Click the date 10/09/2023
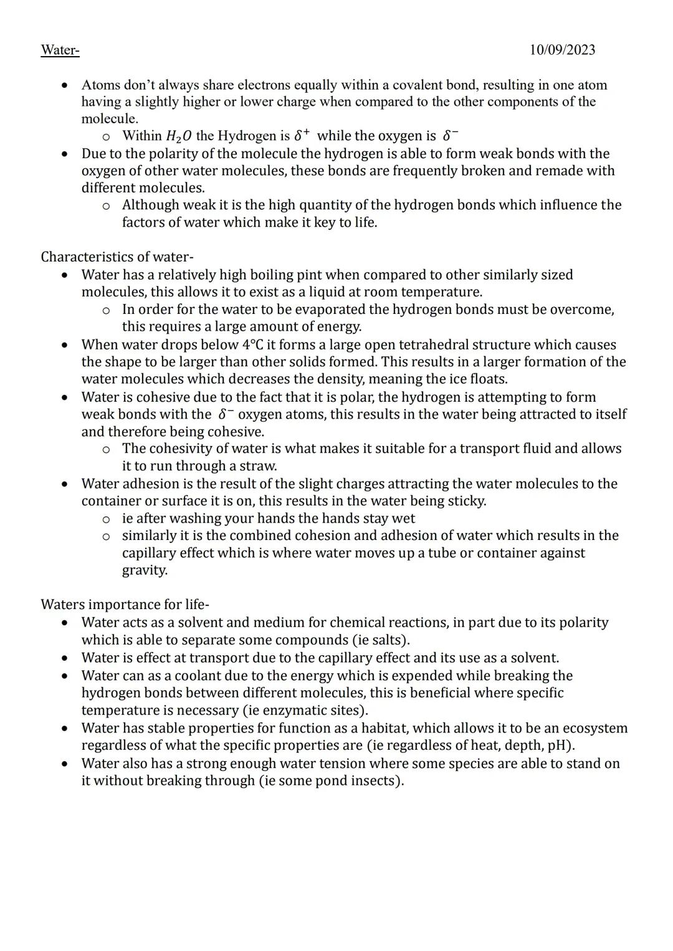coord(562,50)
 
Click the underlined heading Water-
coord(60,50)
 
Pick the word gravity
coord(144,570)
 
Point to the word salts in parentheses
coord(388,640)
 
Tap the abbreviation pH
coord(559,745)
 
